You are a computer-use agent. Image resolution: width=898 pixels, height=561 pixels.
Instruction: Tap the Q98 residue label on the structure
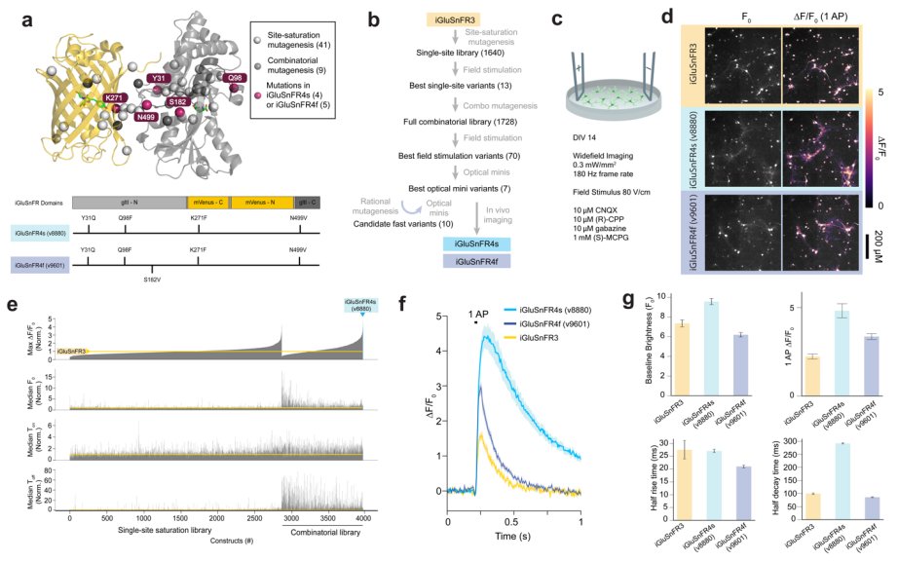[x=234, y=79]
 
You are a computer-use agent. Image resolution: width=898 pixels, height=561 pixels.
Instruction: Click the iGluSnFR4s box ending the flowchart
[x=450, y=243]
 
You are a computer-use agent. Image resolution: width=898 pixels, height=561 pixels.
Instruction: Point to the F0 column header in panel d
[x=743, y=19]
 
